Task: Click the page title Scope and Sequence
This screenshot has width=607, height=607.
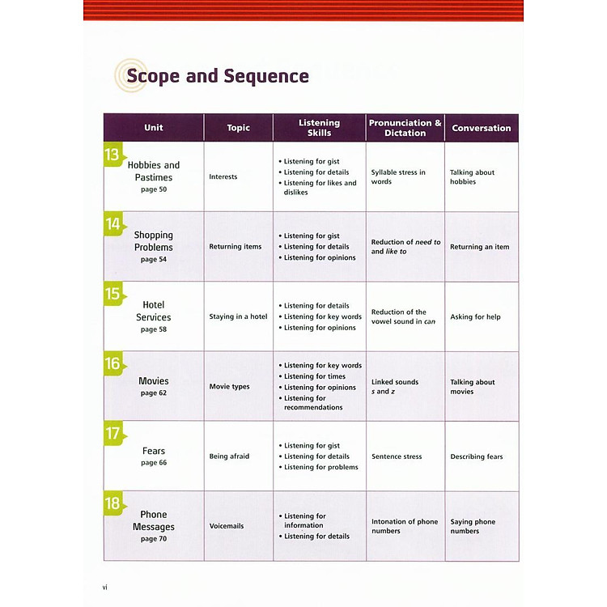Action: (217, 77)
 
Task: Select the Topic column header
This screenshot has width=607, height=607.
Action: (239, 128)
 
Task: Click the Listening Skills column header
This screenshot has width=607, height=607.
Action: (319, 128)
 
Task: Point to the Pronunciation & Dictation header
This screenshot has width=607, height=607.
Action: (405, 128)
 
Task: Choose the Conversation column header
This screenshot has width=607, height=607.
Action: (482, 128)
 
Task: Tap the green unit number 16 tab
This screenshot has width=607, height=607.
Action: (112, 364)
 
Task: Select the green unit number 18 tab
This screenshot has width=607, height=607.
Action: (112, 504)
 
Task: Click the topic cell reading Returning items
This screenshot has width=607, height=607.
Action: (236, 247)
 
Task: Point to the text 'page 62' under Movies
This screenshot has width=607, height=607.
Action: (154, 393)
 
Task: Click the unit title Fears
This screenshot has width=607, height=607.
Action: (154, 451)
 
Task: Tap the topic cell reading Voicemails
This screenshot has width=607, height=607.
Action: (227, 526)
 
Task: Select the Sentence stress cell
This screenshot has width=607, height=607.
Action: (397, 456)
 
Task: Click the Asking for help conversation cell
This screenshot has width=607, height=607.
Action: (475, 316)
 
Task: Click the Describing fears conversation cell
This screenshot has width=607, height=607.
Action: (477, 456)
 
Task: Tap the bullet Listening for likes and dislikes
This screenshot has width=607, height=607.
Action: (319, 188)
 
